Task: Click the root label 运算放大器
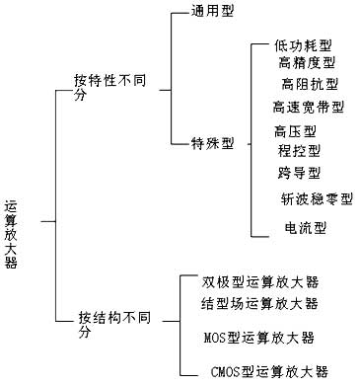11,233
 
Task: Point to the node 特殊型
212,142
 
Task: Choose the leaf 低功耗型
304,47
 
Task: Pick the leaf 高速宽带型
308,106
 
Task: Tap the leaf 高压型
295,131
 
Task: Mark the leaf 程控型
299,151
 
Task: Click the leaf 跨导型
299,174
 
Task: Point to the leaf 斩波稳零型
317,199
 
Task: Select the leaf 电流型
305,229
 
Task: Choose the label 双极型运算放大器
260,282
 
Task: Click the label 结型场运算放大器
260,303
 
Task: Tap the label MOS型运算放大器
258,338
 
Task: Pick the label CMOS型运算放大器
270,371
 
